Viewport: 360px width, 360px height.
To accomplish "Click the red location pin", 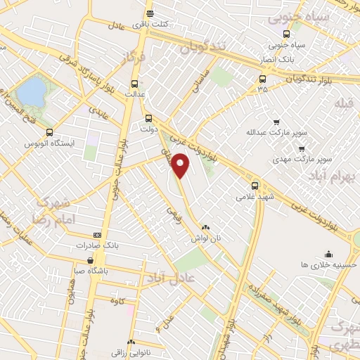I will (181, 165).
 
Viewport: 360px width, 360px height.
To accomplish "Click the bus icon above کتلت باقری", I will (149, 13).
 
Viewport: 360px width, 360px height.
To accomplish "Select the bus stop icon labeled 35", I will (262, 79).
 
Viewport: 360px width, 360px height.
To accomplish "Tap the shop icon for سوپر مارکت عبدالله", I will (276, 122).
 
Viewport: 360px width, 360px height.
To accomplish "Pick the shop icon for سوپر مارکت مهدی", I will (302, 149).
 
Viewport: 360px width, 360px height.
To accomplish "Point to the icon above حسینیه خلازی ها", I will (328, 254).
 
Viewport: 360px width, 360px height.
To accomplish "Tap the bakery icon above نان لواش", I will (205, 228).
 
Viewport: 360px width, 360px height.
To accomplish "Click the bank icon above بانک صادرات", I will (97, 235).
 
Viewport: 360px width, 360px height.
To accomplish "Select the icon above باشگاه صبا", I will (79, 259).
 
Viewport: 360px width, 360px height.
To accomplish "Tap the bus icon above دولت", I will (148, 118).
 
